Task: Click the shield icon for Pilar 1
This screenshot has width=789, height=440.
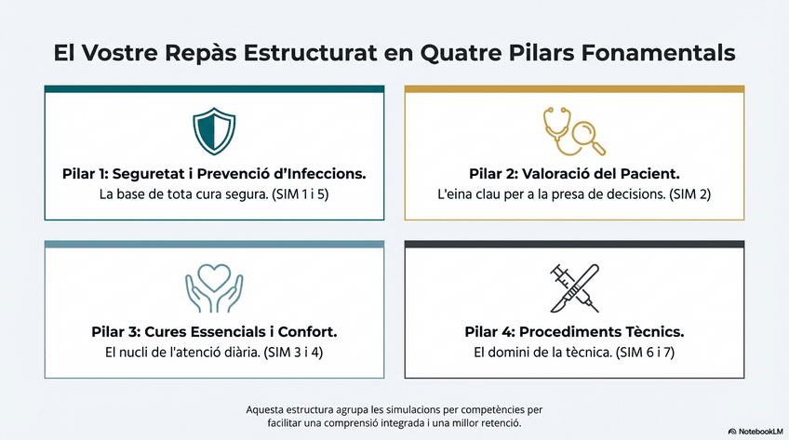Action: [x=214, y=130]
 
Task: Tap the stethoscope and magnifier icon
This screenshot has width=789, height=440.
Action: [x=574, y=130]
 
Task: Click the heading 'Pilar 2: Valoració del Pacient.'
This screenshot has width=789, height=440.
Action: [x=573, y=174]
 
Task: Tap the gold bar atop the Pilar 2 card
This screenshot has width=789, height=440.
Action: [x=574, y=88]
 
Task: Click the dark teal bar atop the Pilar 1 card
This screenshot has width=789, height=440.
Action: [x=214, y=88]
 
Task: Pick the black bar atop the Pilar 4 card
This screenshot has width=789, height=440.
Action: [x=574, y=245]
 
